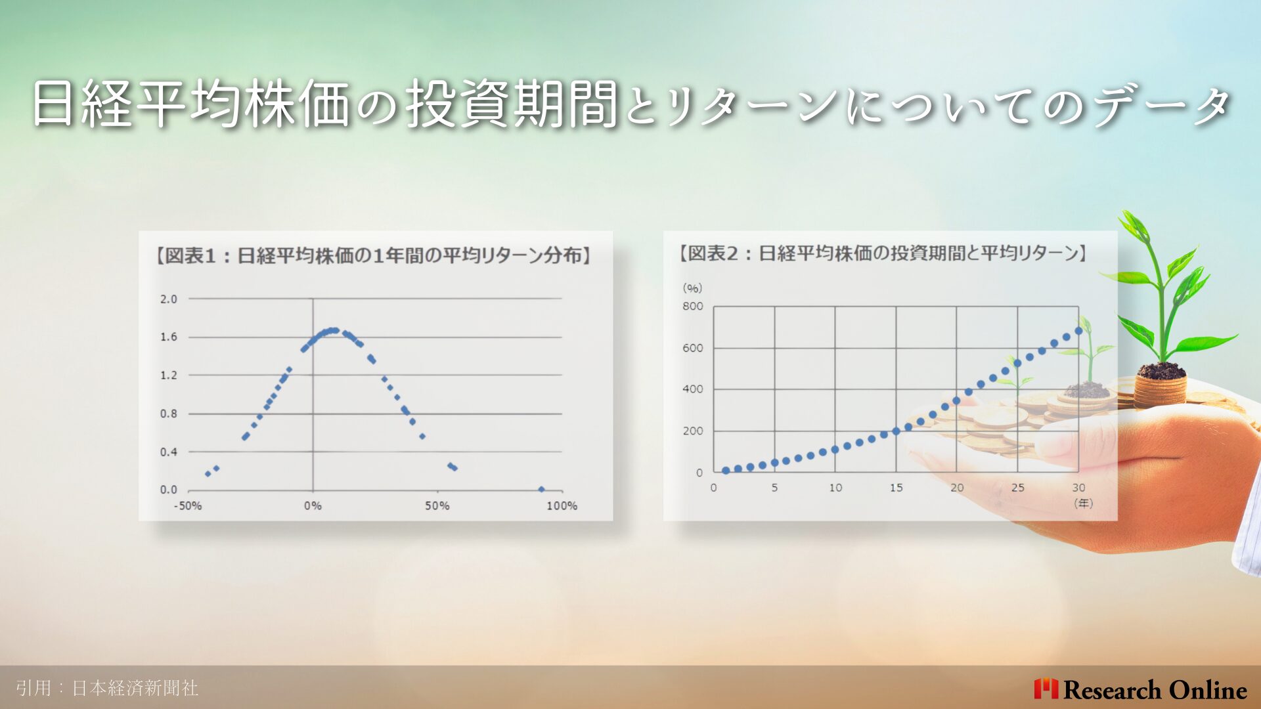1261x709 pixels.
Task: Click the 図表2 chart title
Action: pos(883,253)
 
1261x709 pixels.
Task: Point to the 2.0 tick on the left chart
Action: pos(169,299)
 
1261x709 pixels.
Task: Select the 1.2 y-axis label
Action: pos(169,376)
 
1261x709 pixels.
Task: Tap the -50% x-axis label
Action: pos(187,506)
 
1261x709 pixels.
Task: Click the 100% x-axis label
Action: pos(562,506)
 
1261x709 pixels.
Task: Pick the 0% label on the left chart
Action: pos(313,506)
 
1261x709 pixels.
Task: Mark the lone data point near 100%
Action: pos(541,489)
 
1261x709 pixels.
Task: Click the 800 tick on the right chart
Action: pos(693,307)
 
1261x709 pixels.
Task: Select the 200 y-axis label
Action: pos(693,431)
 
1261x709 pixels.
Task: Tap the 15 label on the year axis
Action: pos(896,488)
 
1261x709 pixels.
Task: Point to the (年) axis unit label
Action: pos(1083,504)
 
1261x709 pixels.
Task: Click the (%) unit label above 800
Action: pos(692,288)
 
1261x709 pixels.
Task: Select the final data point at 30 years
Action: pos(1078,331)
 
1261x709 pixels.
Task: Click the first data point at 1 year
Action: pos(726,470)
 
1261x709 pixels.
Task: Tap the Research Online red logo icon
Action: pos(1046,689)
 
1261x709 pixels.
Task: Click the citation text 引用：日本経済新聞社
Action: pos(107,688)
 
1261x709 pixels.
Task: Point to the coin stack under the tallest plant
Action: pos(1161,389)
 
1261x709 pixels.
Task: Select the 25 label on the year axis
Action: pos(1018,488)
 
